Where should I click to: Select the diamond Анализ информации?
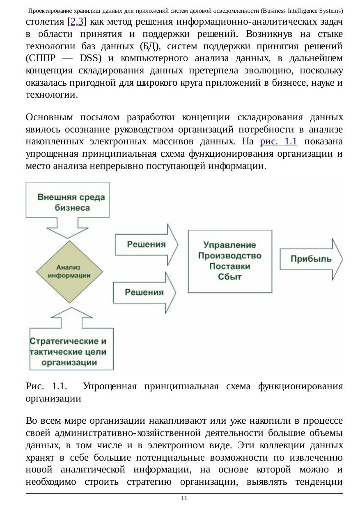point(69,272)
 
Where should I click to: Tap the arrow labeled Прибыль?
point(311,259)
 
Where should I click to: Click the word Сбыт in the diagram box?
point(229,277)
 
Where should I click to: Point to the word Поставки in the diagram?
point(229,266)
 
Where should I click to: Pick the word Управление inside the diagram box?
point(229,245)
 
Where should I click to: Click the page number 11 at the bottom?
point(184,498)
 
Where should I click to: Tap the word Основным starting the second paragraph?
point(49,118)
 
